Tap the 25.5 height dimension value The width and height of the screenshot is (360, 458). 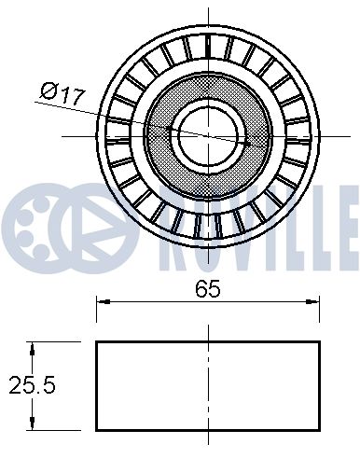(27, 383)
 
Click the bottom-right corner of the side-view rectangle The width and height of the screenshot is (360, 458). (320, 430)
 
